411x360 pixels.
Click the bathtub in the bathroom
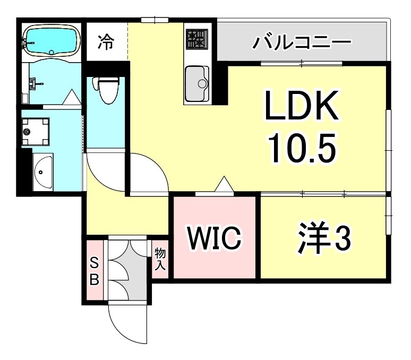[x=51, y=41]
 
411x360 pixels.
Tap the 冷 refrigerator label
[x=107, y=42]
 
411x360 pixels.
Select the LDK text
[x=302, y=108]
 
